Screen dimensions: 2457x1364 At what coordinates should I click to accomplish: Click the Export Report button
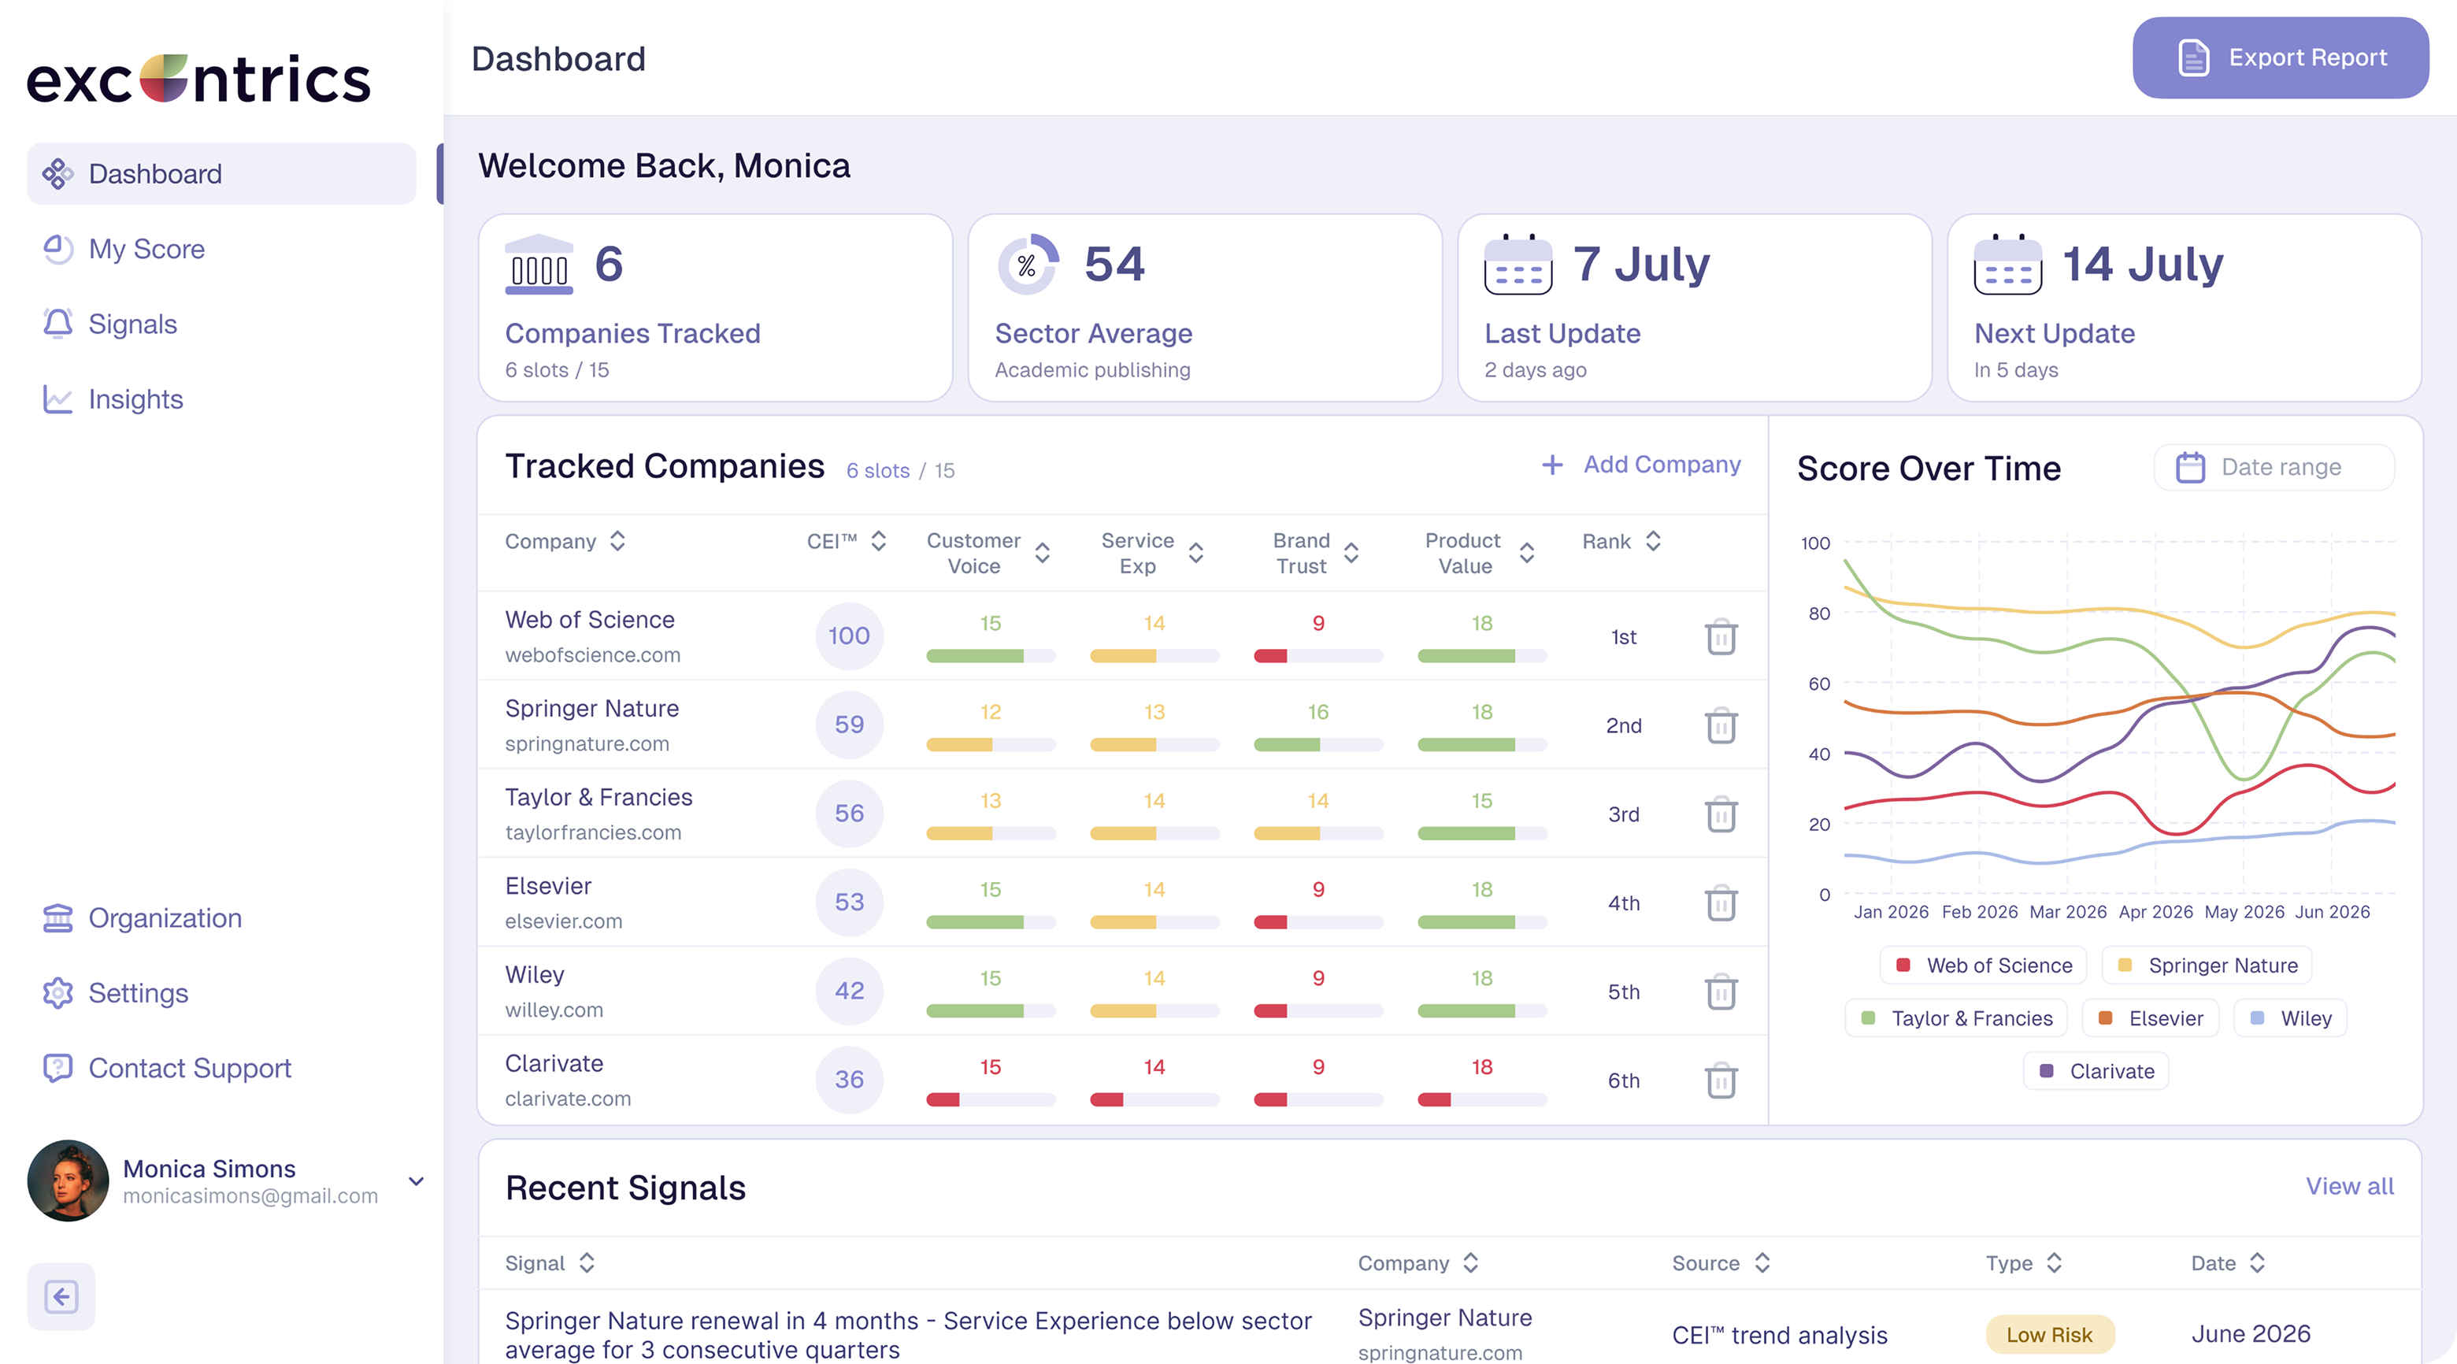[2280, 57]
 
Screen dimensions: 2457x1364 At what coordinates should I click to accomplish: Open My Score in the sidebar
[146, 249]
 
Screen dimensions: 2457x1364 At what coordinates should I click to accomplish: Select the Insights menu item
[135, 398]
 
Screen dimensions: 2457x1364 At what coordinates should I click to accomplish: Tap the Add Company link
[1641, 465]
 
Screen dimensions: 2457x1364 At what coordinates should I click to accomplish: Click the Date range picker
[2274, 467]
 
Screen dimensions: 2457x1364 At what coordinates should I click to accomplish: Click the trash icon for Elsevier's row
[1721, 903]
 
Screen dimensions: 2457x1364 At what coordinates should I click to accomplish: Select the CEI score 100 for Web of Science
[849, 636]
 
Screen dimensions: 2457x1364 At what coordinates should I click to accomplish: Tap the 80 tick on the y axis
[1819, 613]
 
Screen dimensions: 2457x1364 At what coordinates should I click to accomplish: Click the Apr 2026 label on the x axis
[2155, 912]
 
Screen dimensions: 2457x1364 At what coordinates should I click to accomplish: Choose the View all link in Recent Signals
[2349, 1186]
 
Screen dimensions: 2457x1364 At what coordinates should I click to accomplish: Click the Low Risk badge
[2049, 1334]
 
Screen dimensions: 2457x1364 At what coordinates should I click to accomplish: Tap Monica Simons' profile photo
[68, 1181]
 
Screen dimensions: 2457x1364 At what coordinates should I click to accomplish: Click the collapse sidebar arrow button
[61, 1296]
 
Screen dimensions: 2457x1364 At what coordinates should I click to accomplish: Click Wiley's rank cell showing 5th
[1623, 992]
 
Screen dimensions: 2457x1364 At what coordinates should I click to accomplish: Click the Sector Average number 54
[1114, 264]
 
